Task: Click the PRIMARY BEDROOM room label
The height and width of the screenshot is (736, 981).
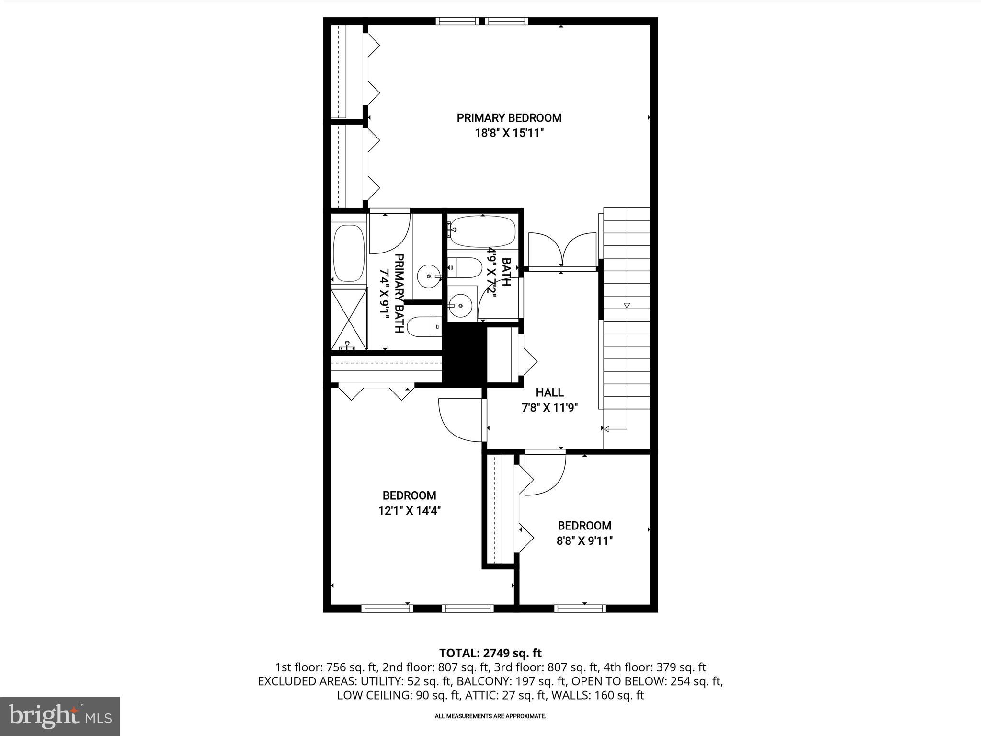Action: pos(509,118)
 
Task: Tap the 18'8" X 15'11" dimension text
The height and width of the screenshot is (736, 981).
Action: pos(509,133)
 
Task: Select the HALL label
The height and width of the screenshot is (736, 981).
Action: pos(549,392)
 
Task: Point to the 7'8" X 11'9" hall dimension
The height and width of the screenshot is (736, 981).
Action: pos(549,408)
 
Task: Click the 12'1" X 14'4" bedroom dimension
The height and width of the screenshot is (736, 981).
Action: pos(409,511)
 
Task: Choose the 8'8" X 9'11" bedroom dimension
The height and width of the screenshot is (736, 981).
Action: pos(584,541)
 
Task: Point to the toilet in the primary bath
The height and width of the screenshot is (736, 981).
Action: pos(424,327)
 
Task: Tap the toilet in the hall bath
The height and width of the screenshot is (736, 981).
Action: pos(466,267)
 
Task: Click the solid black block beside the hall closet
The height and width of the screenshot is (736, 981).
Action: pos(464,354)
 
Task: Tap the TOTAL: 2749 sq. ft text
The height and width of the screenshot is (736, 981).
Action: pos(490,653)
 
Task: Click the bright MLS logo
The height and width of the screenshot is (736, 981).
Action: pos(60,716)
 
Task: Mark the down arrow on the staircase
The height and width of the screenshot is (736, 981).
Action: pos(627,306)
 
